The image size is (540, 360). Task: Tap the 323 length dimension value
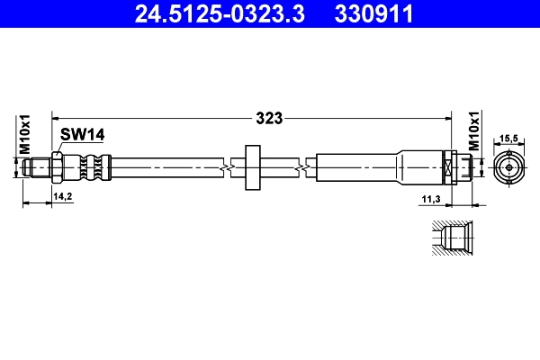tap(270, 117)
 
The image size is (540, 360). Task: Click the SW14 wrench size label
tap(84, 134)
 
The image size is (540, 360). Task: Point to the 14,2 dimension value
tap(62, 195)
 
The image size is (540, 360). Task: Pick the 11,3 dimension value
tap(429, 198)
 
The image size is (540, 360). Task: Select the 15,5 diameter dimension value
tap(508, 138)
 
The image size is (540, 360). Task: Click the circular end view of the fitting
tap(508, 167)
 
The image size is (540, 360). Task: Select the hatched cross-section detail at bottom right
tap(447, 238)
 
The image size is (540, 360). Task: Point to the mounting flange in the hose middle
tap(251, 166)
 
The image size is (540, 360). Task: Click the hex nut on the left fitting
tap(58, 166)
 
